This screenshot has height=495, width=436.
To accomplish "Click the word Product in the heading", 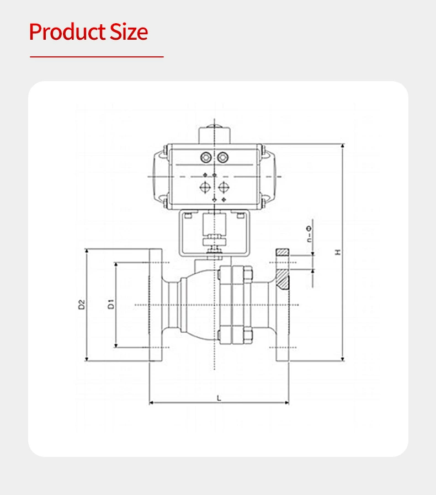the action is coord(67,32).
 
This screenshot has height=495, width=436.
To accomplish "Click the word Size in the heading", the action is coord(129,32).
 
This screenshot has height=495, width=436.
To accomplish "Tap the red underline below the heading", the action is coord(97,57).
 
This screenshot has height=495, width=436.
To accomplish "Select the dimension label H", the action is coord(338,252).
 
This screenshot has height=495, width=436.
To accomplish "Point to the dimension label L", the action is coord(219,398).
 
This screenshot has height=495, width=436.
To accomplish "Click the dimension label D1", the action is coord(111,304).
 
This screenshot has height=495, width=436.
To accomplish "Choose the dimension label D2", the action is coord(82,304).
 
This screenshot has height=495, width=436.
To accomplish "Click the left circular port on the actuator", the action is coord(206,157).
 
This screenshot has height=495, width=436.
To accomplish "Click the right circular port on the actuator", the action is coord(223,157).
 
